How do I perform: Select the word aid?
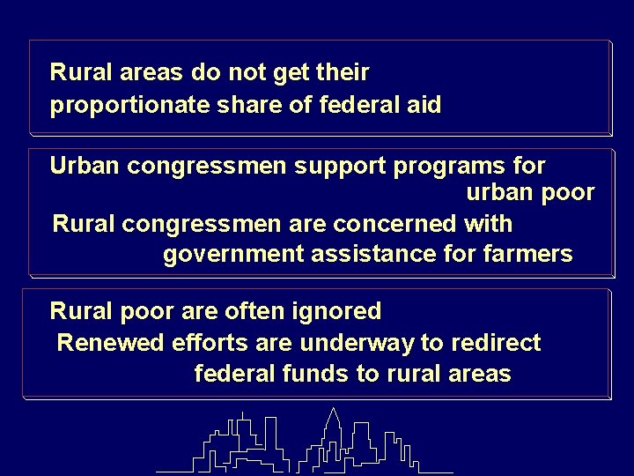tap(424, 106)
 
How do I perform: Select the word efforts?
tap(181, 342)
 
